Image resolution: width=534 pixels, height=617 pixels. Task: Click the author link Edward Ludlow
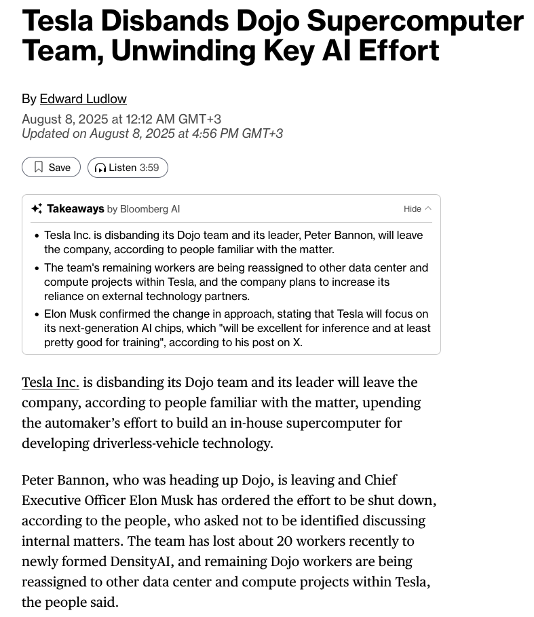click(x=83, y=99)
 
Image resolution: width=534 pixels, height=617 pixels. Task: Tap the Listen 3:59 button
click(x=128, y=168)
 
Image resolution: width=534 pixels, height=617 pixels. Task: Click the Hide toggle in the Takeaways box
click(x=417, y=209)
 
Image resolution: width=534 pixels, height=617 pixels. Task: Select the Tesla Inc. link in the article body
click(x=50, y=383)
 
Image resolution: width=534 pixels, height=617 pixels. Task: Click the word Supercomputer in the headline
click(x=415, y=21)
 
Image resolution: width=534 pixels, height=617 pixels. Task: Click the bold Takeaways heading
click(x=75, y=209)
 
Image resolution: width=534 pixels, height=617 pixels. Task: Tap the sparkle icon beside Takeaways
click(x=37, y=209)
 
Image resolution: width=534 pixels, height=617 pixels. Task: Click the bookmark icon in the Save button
click(x=39, y=167)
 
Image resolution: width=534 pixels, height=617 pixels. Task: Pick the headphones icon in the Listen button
click(x=100, y=168)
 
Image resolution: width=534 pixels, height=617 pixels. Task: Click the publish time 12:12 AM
click(x=150, y=119)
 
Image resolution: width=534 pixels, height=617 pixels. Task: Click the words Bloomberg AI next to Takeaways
click(x=149, y=209)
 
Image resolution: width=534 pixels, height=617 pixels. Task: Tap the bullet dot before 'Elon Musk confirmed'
click(x=36, y=314)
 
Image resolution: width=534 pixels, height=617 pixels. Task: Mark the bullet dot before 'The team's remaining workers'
click(x=36, y=268)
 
